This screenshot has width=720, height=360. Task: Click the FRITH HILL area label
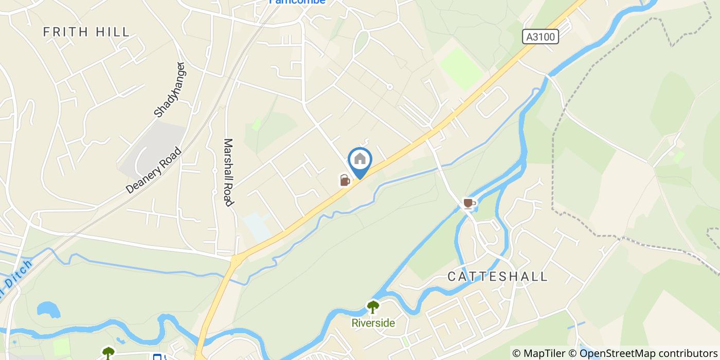(x=86, y=32)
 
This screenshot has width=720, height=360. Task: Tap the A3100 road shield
(x=540, y=37)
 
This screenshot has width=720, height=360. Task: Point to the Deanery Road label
(x=154, y=170)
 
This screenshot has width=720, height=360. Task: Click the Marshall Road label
(x=228, y=172)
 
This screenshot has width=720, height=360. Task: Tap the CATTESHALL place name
(x=497, y=276)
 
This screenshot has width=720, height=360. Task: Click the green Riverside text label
(x=373, y=323)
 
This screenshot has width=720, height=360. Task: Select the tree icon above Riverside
(x=373, y=307)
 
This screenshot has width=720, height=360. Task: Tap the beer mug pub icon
(x=345, y=180)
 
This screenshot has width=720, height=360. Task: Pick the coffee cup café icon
(x=468, y=203)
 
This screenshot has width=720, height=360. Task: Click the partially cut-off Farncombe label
(x=298, y=2)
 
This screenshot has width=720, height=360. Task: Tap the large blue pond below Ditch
(x=48, y=310)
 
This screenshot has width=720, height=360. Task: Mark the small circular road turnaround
(x=390, y=87)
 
